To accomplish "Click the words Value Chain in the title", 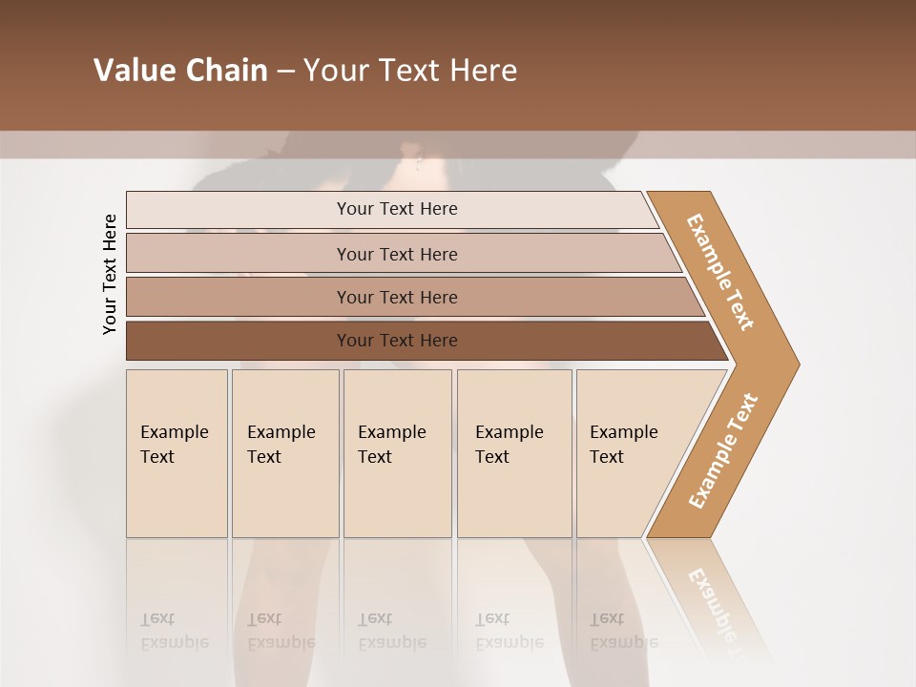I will coord(180,70).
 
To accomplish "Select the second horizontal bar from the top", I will coord(396,254).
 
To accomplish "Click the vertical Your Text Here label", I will coord(110,274).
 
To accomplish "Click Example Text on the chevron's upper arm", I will coord(720,272).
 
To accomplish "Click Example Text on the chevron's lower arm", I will coord(723,450).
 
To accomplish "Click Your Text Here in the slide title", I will coord(410,70).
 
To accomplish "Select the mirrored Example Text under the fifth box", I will coord(623,631).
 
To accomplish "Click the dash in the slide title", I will coord(285,71).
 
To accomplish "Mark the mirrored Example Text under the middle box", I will coord(391,631).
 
